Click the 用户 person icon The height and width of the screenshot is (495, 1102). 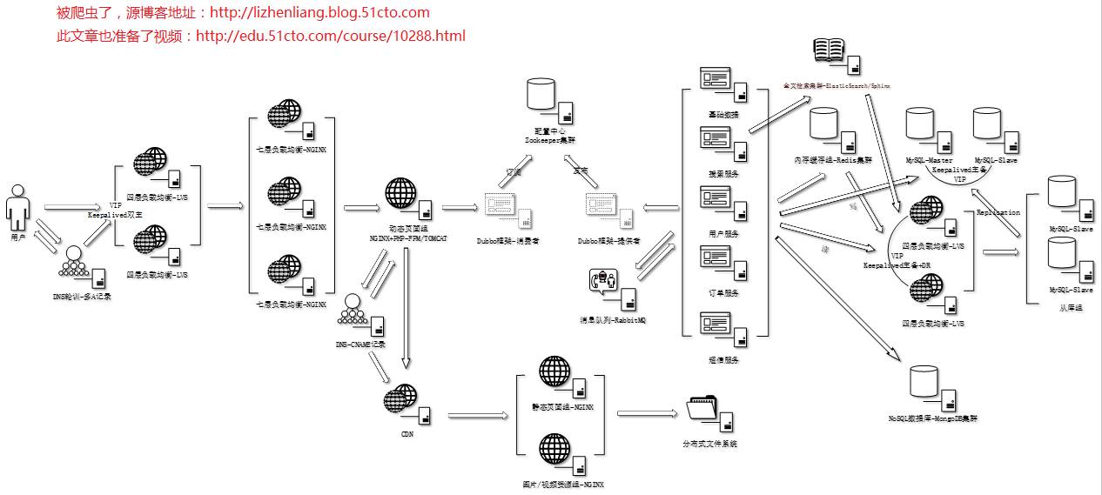17,206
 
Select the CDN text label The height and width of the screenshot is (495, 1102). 407,432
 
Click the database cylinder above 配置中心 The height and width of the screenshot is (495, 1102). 541,94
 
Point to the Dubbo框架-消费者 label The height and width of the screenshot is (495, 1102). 507,241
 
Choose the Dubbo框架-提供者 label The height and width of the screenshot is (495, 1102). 608,241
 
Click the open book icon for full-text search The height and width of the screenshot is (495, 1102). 830,50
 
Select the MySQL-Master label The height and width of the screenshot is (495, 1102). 929,161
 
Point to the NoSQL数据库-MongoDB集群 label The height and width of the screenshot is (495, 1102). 932,418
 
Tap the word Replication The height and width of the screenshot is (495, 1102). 998,213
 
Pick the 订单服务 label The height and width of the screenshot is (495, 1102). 723,293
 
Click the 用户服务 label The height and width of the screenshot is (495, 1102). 723,234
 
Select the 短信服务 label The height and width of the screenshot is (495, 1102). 723,359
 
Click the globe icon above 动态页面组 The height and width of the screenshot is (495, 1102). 400,193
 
